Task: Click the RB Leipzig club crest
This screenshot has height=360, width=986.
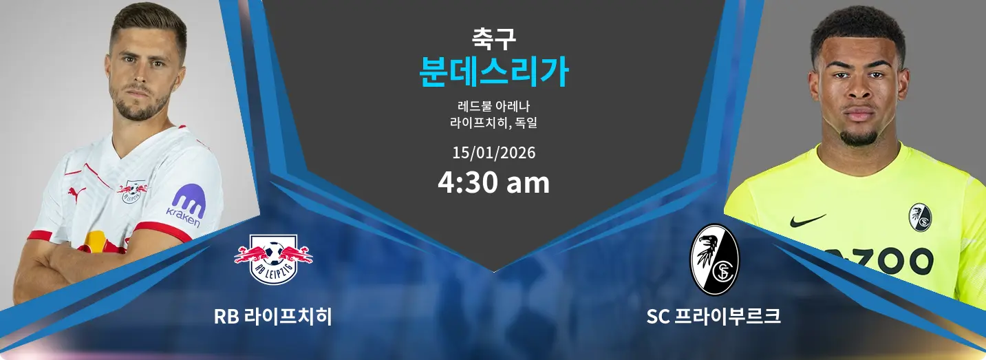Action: [x=273, y=260]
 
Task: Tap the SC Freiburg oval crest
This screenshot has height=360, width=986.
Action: [x=714, y=260]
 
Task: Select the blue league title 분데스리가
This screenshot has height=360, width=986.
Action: [x=494, y=72]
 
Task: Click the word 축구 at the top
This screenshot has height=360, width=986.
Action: [x=494, y=39]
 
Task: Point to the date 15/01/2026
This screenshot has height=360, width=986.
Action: [x=494, y=153]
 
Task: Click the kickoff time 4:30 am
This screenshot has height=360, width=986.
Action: [x=494, y=182]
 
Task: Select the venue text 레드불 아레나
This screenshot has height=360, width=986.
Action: [x=494, y=106]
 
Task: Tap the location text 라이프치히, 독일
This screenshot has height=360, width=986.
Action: [x=494, y=123]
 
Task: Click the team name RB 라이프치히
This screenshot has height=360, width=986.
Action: [x=273, y=317]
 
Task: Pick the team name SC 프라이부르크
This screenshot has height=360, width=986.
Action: [x=714, y=317]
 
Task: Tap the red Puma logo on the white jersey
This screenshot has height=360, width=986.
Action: [x=76, y=193]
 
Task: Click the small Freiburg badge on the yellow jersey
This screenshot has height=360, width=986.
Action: [x=920, y=218]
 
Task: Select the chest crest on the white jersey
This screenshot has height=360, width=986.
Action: [x=131, y=191]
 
